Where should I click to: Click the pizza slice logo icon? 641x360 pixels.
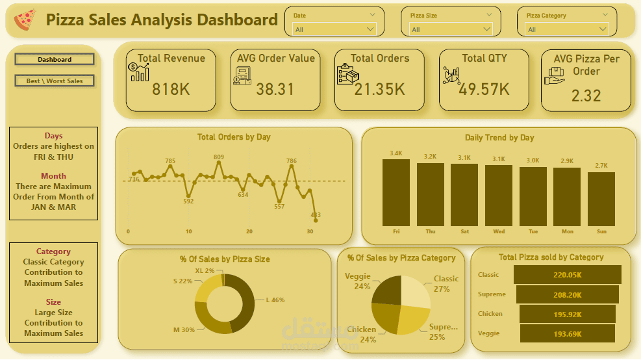click(25, 20)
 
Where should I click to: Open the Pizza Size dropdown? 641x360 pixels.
click(451, 29)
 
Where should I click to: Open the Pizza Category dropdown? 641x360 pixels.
click(566, 29)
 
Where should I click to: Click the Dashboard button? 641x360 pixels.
click(55, 60)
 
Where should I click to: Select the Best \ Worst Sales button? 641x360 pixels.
click(55, 81)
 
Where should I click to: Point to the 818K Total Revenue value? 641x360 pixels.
click(171, 89)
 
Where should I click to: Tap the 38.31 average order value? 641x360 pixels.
click(275, 89)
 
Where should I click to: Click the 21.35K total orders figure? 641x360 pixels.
click(379, 89)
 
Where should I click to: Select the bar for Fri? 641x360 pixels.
click(396, 192)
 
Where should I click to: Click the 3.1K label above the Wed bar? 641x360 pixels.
click(498, 159)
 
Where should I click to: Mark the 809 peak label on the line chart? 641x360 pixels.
click(219, 157)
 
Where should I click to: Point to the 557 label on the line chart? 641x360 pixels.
click(279, 207)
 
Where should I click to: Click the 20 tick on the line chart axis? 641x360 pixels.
click(249, 231)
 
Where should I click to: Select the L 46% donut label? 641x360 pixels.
click(275, 300)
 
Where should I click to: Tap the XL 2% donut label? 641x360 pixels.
click(204, 270)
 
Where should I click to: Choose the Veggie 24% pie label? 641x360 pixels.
click(358, 281)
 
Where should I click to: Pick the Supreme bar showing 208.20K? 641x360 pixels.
click(568, 294)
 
